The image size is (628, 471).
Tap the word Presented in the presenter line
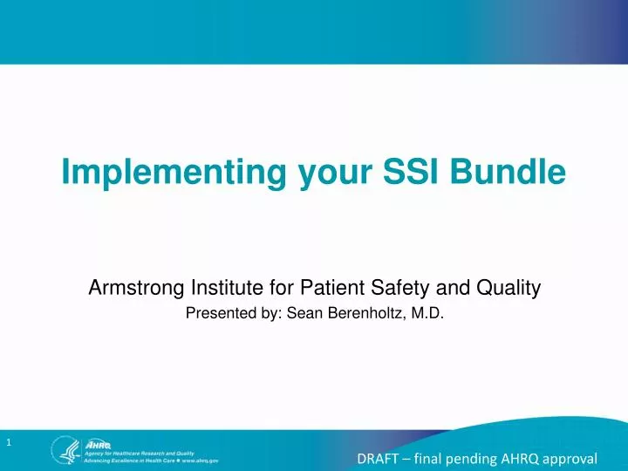(x=218, y=316)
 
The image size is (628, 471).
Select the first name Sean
(x=297, y=316)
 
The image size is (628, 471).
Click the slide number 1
(x=9, y=443)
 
